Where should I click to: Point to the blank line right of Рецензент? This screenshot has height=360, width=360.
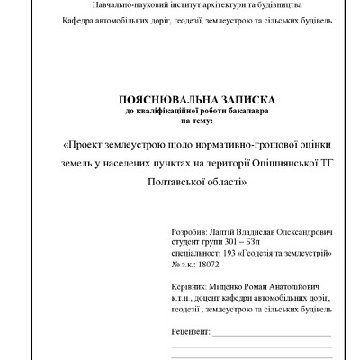271,334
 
